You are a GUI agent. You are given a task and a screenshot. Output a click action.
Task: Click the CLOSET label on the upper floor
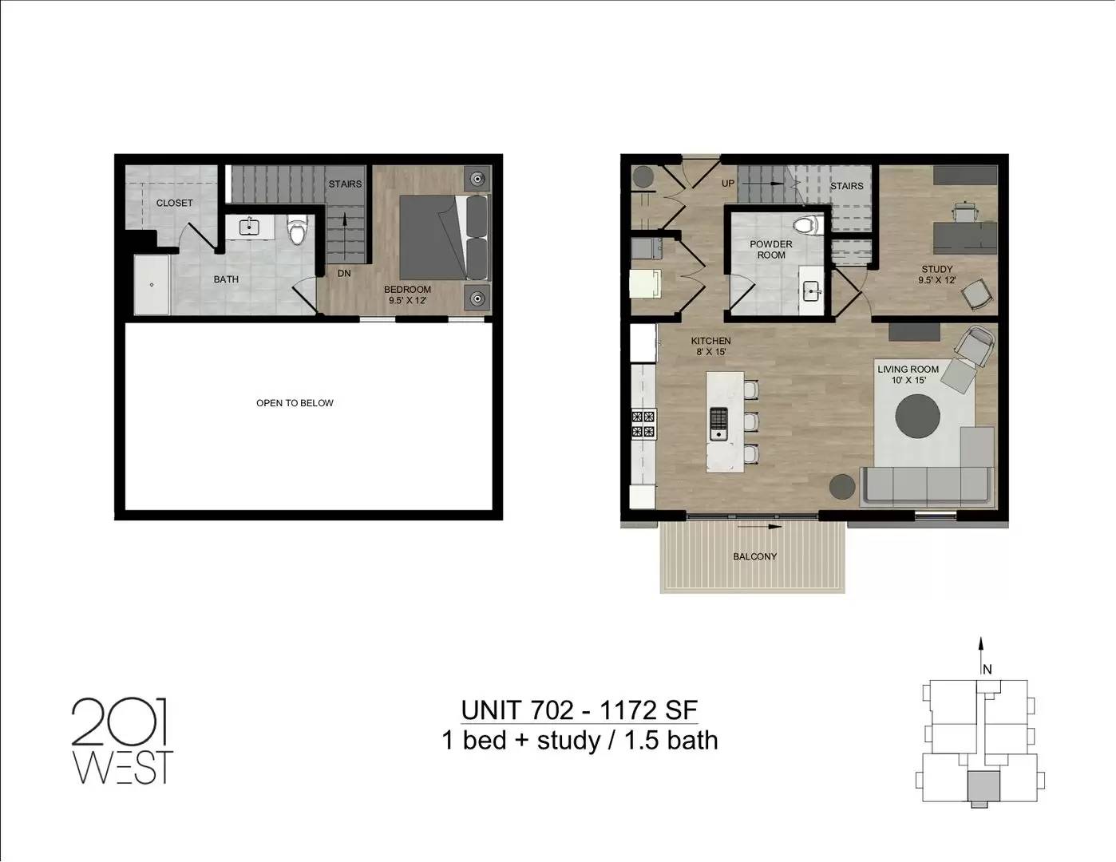click(174, 203)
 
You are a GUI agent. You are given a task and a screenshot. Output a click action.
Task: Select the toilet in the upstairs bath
click(297, 230)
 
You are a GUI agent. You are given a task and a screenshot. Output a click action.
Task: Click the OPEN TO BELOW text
click(295, 403)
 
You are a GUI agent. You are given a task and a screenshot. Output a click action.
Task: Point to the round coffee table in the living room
click(918, 415)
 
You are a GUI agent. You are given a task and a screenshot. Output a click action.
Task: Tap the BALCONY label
click(754, 556)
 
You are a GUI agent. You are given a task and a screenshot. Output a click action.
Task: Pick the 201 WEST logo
click(122, 740)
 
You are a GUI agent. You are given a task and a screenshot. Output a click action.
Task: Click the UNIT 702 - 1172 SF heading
click(580, 710)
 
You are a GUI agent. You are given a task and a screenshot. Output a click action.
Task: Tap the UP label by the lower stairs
click(728, 184)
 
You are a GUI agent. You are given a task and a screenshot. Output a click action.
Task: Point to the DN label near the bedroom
click(344, 274)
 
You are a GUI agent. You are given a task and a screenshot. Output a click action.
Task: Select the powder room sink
click(812, 293)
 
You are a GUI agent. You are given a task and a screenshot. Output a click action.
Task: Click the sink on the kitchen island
click(719, 424)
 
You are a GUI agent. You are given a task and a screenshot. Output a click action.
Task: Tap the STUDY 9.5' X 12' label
click(936, 274)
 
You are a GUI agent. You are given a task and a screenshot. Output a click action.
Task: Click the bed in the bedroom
click(445, 238)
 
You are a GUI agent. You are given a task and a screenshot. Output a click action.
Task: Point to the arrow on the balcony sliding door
click(760, 526)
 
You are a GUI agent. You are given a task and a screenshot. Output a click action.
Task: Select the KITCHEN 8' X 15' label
click(710, 346)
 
